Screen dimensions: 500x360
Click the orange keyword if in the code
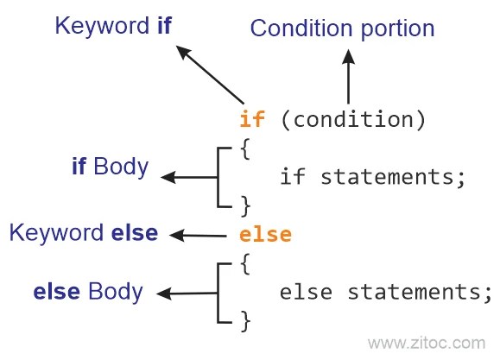click(x=252, y=118)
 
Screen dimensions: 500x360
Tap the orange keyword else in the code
click(x=265, y=234)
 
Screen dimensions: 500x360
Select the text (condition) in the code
click(x=353, y=120)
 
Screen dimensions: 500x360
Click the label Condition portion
click(x=342, y=28)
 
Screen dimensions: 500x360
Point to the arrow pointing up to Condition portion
click(x=348, y=76)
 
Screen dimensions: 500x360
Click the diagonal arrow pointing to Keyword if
click(x=210, y=74)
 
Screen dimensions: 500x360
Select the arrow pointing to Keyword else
click(x=198, y=236)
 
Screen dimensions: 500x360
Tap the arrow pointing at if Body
click(x=189, y=177)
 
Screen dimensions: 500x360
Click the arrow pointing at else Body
click(x=187, y=294)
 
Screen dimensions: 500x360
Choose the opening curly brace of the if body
click(x=245, y=148)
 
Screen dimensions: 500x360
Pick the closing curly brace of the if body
click(x=245, y=206)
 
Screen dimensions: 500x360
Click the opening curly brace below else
click(x=245, y=264)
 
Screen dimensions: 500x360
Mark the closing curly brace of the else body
click(x=245, y=321)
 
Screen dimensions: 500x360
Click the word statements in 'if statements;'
click(x=387, y=177)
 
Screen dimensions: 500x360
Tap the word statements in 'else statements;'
click(x=414, y=292)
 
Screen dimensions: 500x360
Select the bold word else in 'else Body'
click(x=56, y=292)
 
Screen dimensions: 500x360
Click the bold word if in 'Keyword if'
click(x=165, y=25)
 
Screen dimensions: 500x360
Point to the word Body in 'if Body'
click(x=121, y=167)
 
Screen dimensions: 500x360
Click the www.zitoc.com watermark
click(x=427, y=344)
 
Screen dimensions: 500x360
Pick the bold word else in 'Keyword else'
click(x=135, y=233)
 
